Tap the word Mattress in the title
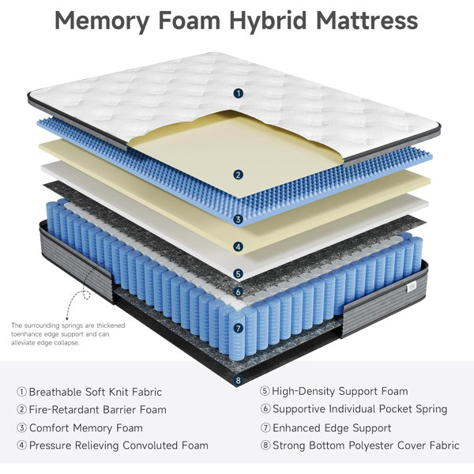[367, 21]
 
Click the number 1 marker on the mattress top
[239, 93]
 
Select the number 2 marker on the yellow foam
[239, 175]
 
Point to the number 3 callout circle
[239, 220]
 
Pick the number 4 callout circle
[239, 246]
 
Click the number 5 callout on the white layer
[239, 274]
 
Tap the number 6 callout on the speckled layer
[239, 292]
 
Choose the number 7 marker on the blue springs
[239, 329]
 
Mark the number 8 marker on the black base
[239, 380]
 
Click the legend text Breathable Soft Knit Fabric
[96, 392]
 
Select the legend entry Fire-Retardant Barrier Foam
[98, 410]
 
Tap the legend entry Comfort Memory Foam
[86, 428]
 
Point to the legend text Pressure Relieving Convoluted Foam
[118, 446]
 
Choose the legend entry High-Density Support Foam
[340, 391]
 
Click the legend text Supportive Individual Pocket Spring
[360, 409]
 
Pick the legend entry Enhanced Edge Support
[332, 428]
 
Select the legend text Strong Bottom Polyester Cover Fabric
[366, 446]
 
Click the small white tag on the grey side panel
[412, 286]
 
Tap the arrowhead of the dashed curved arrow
[67, 317]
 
